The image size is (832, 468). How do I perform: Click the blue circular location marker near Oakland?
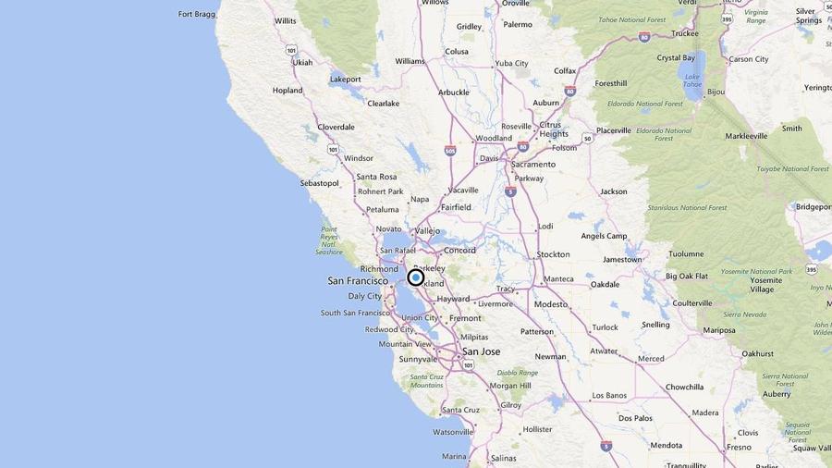point(416,277)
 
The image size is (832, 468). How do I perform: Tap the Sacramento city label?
point(533,164)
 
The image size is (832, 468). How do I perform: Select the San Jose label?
point(481,351)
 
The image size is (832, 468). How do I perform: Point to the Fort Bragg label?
point(198,14)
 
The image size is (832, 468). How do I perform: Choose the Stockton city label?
point(553,253)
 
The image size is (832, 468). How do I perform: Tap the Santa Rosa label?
point(376,177)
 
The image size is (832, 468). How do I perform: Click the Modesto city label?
point(550,303)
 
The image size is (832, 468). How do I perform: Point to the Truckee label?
point(684,33)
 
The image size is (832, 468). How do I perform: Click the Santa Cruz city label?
point(460,410)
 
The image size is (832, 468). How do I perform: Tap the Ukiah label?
point(302,63)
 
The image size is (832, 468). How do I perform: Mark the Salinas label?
point(503,458)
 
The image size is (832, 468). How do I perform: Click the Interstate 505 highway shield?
point(449,150)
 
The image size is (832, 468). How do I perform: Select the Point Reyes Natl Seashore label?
point(329,240)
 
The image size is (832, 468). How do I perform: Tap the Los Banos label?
point(609,395)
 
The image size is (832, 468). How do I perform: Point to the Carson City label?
point(748,59)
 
